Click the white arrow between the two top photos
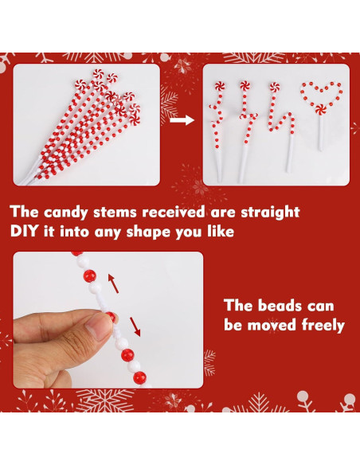[x=182, y=120]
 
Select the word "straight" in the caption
[x=270, y=213]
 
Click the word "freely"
[x=323, y=325]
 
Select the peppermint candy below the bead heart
[x=321, y=109]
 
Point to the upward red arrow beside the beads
[x=113, y=283]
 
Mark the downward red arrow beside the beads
[x=135, y=326]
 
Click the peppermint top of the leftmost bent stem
[x=220, y=86]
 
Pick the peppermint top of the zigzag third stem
[x=275, y=87]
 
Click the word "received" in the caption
[x=173, y=213]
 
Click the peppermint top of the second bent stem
[x=245, y=86]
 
